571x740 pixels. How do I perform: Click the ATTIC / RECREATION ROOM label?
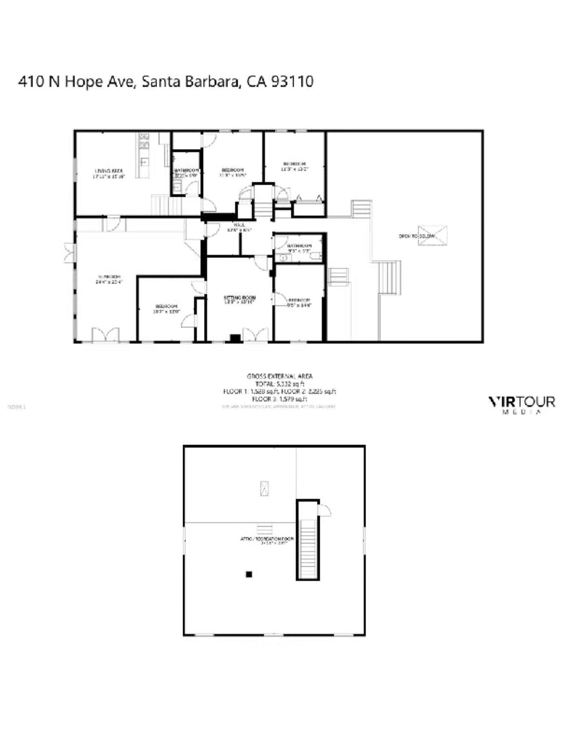pos(267,539)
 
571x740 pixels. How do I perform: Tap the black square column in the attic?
pos(249,574)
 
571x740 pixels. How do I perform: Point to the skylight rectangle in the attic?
pos(264,488)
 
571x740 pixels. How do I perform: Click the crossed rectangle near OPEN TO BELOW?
pos(432,235)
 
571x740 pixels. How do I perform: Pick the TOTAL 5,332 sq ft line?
pos(280,384)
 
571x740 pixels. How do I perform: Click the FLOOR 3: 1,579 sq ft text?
pos(280,399)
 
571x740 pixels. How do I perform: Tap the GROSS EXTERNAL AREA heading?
pos(280,376)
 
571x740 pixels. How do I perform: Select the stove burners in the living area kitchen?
pos(143,140)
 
